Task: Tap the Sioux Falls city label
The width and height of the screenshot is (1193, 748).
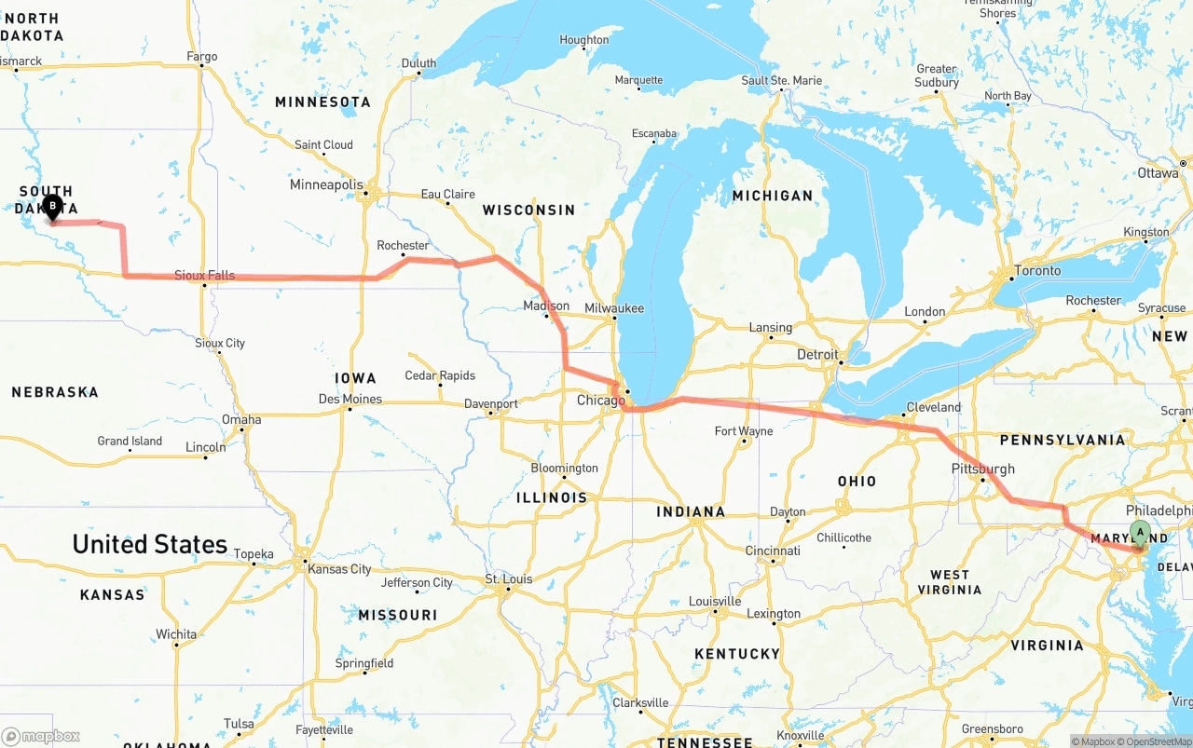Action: tap(205, 276)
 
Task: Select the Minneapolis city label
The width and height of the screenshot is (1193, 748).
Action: tap(326, 184)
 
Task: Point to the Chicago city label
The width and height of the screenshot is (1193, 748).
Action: tap(601, 401)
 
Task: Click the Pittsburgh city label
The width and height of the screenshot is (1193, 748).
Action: tap(983, 469)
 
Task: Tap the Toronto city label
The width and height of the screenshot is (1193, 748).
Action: tap(1037, 270)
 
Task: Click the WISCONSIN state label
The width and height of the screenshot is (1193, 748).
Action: tap(528, 211)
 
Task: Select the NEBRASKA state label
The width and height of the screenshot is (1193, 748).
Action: tap(55, 392)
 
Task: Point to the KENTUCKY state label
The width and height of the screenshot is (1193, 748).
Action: tap(736, 654)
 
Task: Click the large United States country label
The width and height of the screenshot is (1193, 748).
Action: tap(150, 544)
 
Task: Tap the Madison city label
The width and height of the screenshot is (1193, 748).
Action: tap(546, 306)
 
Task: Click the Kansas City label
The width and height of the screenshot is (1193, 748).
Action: tap(339, 569)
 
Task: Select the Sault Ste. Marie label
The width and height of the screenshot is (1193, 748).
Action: tap(782, 81)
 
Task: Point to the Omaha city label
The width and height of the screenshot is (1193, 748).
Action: tap(241, 419)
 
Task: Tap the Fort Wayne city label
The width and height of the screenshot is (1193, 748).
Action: tap(743, 431)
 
